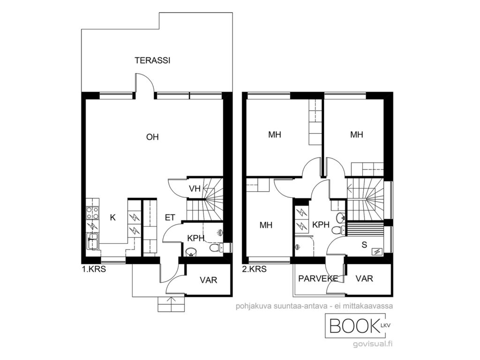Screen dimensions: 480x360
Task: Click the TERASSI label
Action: click(x=152, y=60)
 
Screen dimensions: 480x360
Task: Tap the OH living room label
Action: click(x=152, y=137)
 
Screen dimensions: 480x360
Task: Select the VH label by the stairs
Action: click(x=195, y=188)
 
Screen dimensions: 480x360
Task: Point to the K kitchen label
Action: click(x=113, y=217)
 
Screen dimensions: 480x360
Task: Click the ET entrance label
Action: click(x=170, y=217)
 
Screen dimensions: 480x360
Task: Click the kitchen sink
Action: click(x=92, y=241)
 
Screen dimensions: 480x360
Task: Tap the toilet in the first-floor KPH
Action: click(x=216, y=247)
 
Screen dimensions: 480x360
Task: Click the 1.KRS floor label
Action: click(x=94, y=270)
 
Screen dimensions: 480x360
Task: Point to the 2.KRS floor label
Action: click(x=254, y=269)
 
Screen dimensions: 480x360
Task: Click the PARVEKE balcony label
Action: click(x=318, y=278)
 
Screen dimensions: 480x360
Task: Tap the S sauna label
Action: click(x=364, y=245)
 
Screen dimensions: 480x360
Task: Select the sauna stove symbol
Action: click(x=377, y=252)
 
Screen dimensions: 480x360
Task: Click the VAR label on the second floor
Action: click(x=364, y=278)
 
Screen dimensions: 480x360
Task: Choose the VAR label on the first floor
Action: click(x=209, y=280)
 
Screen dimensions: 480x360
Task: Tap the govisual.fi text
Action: click(x=373, y=344)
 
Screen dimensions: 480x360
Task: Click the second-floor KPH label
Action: click(x=321, y=225)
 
